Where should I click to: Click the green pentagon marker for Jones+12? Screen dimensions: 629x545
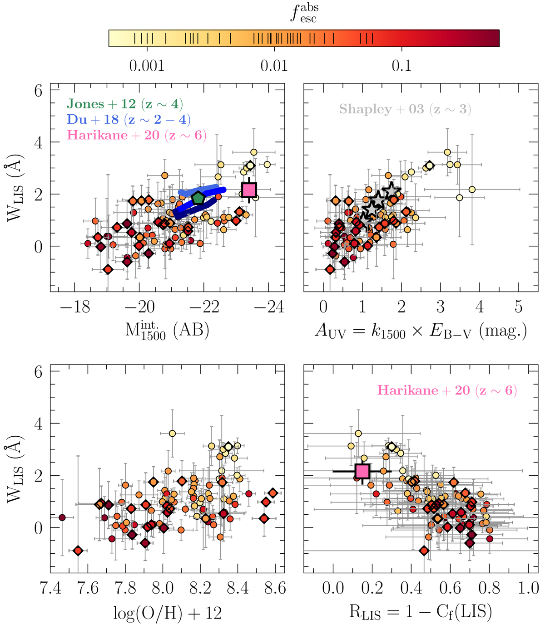click(198, 198)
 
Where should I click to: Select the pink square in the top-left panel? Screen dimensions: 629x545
click(249, 190)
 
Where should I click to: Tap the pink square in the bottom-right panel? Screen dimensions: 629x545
click(362, 471)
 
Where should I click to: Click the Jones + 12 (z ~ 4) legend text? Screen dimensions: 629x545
click(125, 104)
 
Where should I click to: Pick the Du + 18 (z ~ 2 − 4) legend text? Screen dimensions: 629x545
click(129, 120)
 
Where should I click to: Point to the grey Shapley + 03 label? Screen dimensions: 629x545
click(405, 109)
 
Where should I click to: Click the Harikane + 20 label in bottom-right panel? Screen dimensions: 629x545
click(447, 390)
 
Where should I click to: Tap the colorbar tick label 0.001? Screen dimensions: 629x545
click(146, 66)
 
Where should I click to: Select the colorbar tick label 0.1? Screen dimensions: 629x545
click(401, 66)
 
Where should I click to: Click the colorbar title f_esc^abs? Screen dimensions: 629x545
click(304, 13)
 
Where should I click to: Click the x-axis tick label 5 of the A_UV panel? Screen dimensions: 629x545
click(519, 307)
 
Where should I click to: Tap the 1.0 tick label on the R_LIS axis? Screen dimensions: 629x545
click(528, 589)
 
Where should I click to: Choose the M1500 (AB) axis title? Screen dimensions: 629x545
click(167, 332)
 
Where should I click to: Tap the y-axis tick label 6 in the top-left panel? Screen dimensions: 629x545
click(38, 91)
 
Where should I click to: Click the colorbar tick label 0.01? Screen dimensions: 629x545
click(274, 66)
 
